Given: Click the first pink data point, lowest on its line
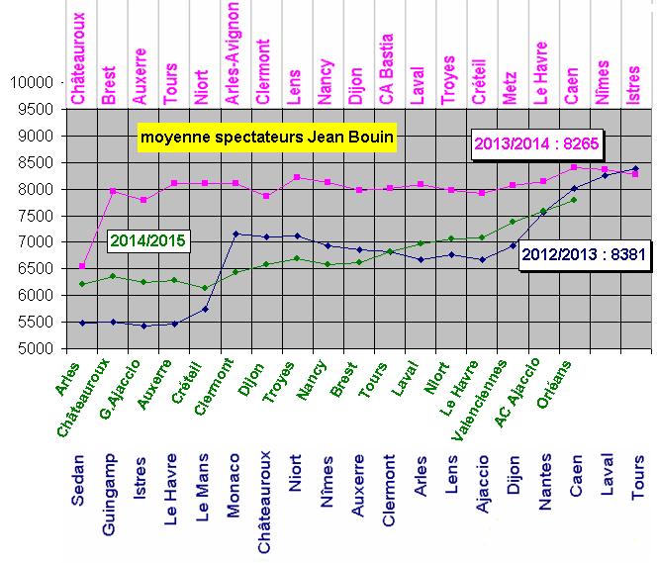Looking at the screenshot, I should pyautogui.click(x=82, y=265).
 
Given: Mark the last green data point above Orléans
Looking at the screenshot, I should pyautogui.click(x=573, y=200).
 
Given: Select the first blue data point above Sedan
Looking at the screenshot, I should pyautogui.click(x=82, y=323).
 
